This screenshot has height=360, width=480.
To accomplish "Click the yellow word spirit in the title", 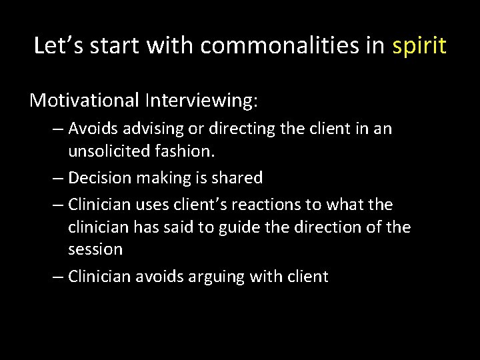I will click(419, 46).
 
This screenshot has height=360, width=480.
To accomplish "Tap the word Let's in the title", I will click(59, 46).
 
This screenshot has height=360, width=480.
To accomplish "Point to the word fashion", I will click(186, 151).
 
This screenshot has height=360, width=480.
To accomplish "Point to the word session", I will click(95, 250).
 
